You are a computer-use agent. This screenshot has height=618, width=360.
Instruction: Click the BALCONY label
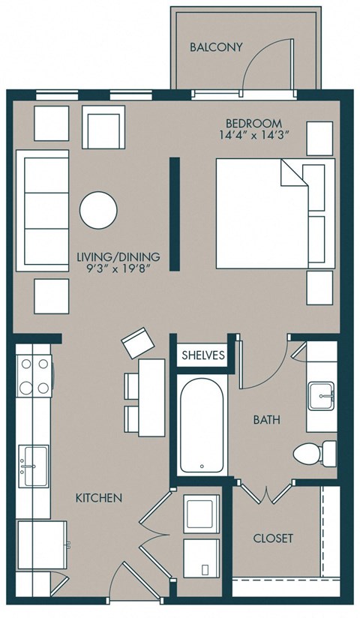[x=216, y=47]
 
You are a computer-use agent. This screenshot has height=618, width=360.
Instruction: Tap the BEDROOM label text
[x=253, y=122]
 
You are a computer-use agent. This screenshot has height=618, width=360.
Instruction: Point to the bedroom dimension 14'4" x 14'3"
[x=253, y=136]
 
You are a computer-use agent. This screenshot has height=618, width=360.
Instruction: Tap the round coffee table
[x=98, y=210]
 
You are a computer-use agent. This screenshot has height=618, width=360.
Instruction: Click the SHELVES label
[x=202, y=356]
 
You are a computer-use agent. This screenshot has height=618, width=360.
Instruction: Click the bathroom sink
[x=323, y=394]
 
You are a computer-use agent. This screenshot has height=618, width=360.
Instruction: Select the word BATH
[x=266, y=420]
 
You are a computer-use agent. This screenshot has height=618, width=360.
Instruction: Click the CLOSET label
[x=272, y=538]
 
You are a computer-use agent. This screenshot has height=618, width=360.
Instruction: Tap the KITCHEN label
[x=98, y=497]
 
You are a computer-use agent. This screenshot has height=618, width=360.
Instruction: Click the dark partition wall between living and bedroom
[x=174, y=214]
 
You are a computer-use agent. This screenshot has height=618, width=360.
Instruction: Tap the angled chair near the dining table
[x=136, y=344]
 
